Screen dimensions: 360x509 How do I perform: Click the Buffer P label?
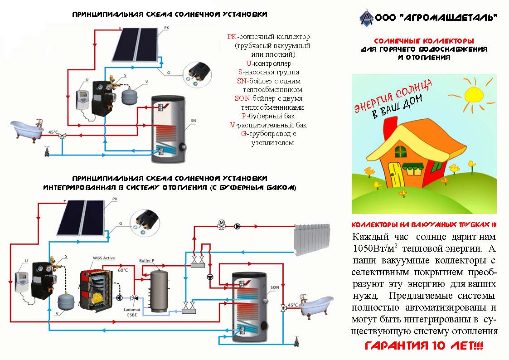[147, 261]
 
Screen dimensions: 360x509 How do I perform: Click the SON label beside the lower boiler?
[275, 287]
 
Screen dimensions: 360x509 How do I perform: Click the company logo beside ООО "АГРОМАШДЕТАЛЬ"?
[365, 18]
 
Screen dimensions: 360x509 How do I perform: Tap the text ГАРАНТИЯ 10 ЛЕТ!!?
[424, 346]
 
